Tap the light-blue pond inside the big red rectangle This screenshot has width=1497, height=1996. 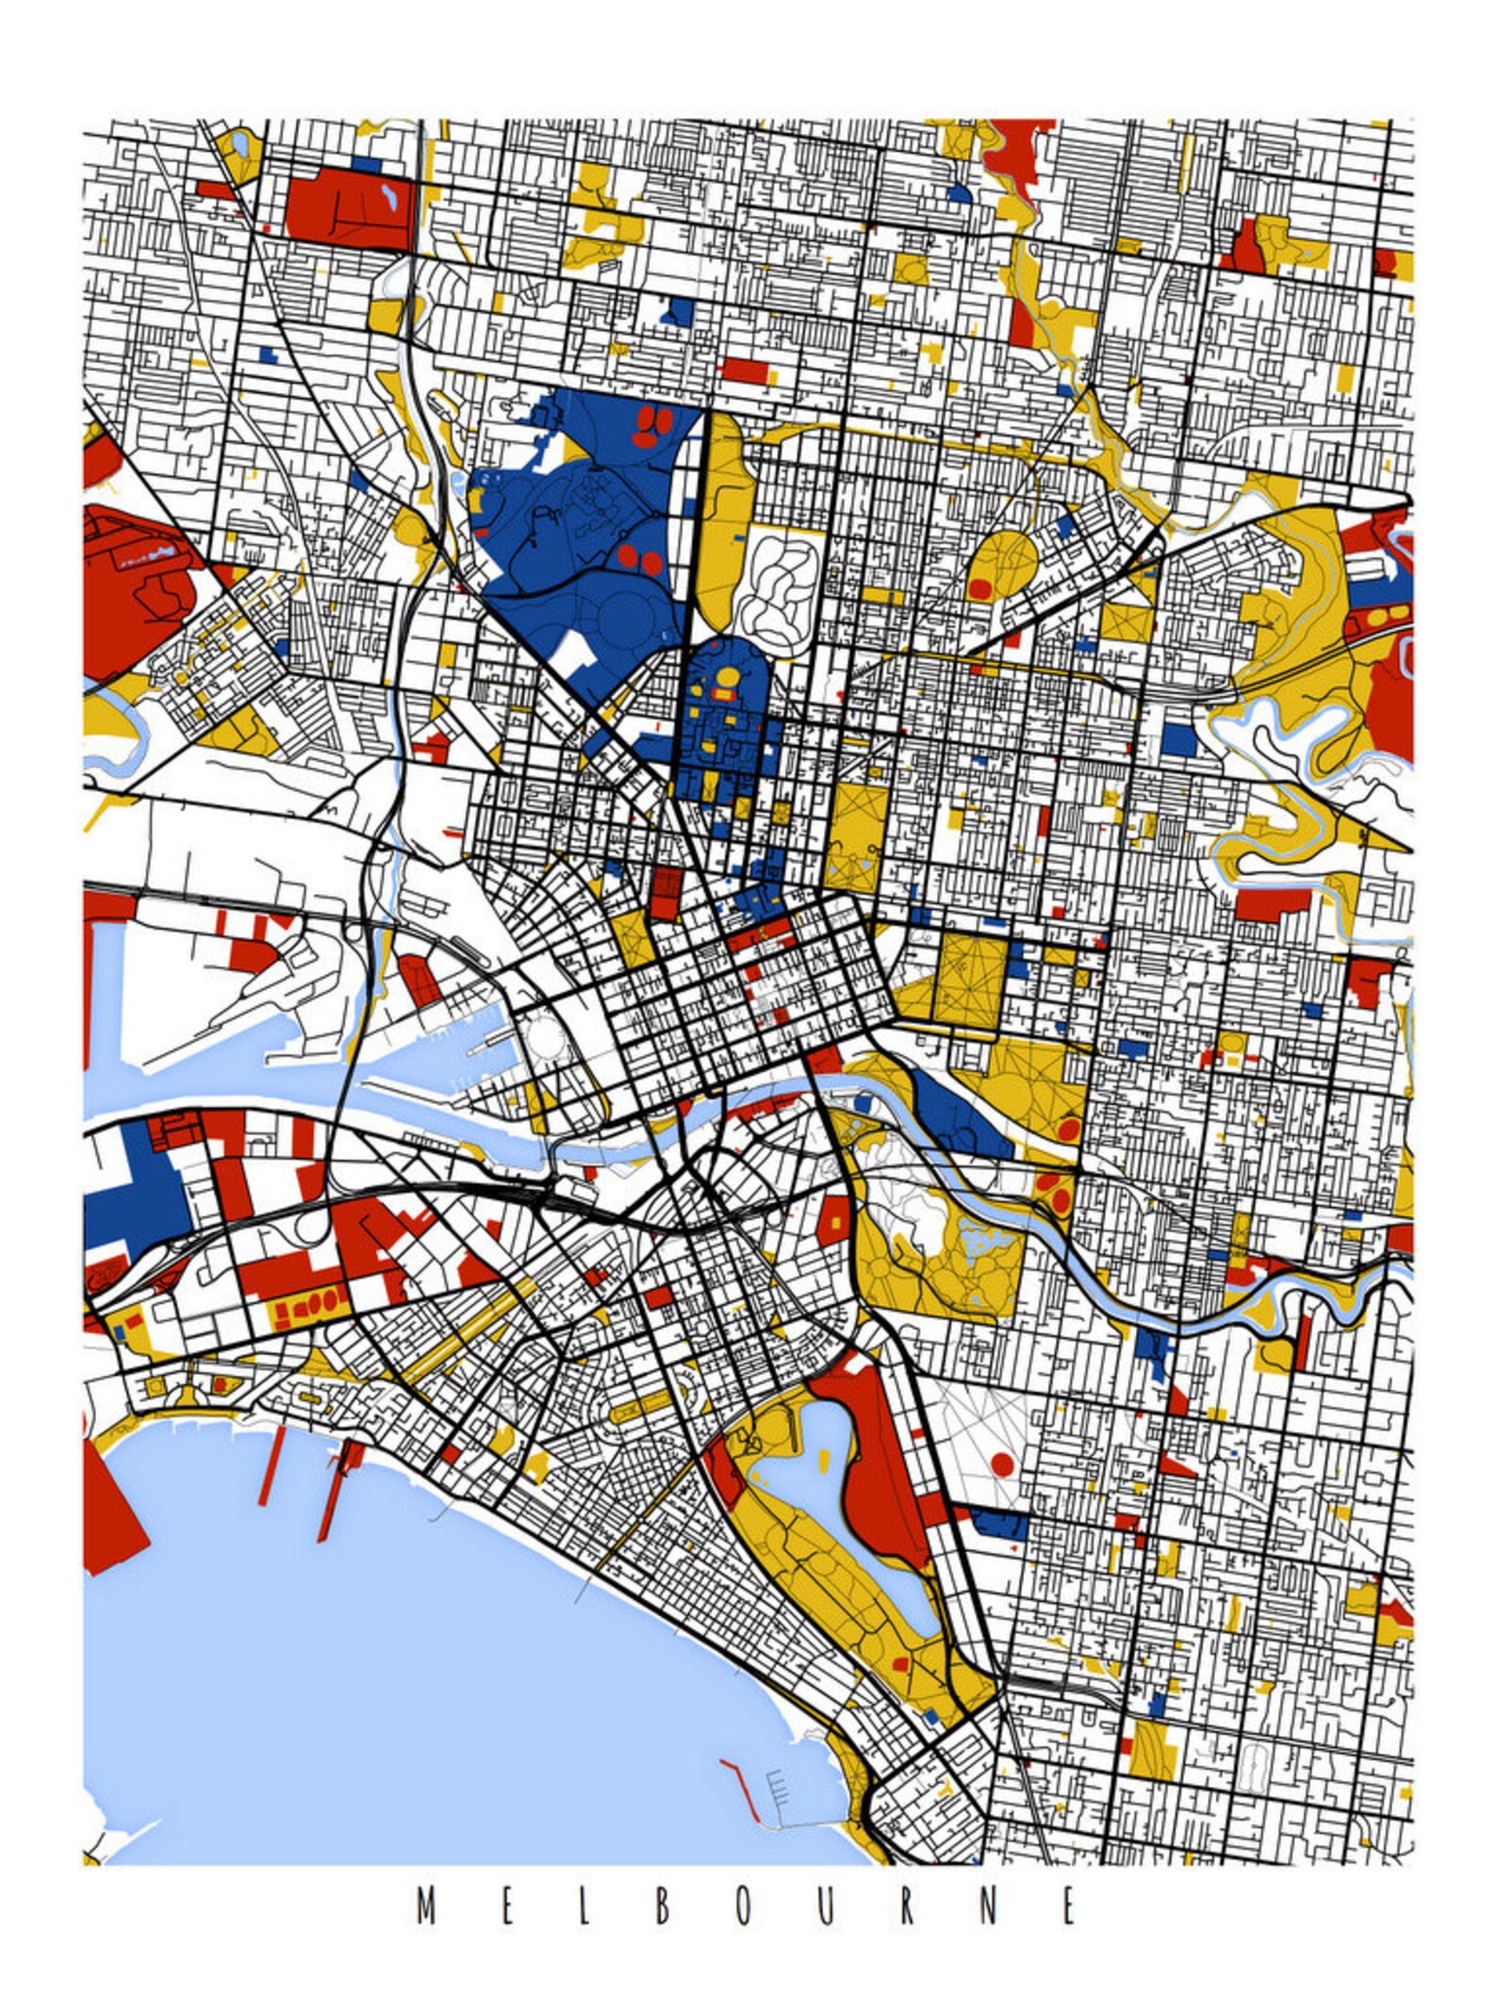click(388, 198)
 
